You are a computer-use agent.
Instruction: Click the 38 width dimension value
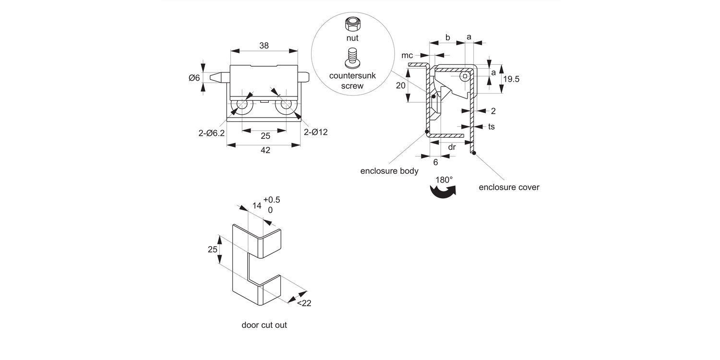pyautogui.click(x=264, y=46)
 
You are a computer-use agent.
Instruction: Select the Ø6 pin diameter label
pyautogui.click(x=194, y=78)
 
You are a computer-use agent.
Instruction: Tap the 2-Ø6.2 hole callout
pyautogui.click(x=212, y=133)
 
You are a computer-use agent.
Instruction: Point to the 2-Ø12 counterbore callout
pyautogui.click(x=316, y=132)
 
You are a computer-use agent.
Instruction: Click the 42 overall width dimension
pyautogui.click(x=265, y=150)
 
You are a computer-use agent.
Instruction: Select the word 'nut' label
pyautogui.click(x=352, y=38)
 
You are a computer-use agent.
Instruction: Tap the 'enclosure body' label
pyautogui.click(x=389, y=171)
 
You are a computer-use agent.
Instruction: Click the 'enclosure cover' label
pyautogui.click(x=509, y=187)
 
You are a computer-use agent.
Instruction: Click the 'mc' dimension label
pyautogui.click(x=407, y=56)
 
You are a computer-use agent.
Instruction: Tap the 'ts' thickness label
pyautogui.click(x=492, y=127)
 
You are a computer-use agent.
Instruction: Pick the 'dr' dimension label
pyautogui.click(x=452, y=147)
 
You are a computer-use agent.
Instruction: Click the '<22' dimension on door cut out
pyautogui.click(x=304, y=303)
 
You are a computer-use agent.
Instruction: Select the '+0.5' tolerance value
pyautogui.click(x=271, y=200)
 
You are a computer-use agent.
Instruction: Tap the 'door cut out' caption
pyautogui.click(x=264, y=325)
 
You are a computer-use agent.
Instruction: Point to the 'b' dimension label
pyautogui.click(x=447, y=37)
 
